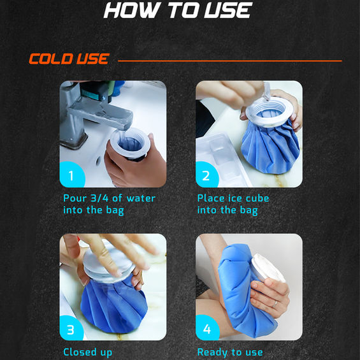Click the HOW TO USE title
click(178, 10)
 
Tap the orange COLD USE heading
click(69, 59)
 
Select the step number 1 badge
click(72, 175)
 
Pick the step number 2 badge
click(206, 175)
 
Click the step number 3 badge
click(71, 329)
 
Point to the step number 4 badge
click(207, 328)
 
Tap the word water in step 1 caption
click(141, 198)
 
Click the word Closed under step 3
click(80, 352)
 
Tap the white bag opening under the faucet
click(130, 143)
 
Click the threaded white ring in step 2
click(269, 112)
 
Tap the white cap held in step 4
click(268, 268)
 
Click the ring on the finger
click(275, 304)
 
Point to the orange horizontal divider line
click(230, 61)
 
